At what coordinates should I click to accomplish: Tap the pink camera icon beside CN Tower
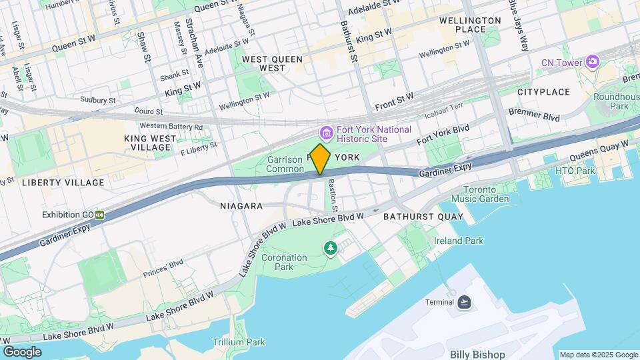point(592,62)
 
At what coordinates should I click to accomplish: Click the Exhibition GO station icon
point(99,215)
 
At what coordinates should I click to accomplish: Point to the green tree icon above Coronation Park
point(330,248)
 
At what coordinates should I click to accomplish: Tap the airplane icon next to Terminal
point(464,302)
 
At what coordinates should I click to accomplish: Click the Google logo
point(22,351)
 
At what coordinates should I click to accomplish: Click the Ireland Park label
point(459,241)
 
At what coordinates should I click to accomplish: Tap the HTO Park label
point(575,171)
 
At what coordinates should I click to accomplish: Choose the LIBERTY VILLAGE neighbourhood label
point(63,183)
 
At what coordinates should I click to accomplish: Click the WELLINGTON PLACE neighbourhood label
point(470,25)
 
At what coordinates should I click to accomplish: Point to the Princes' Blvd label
point(163,269)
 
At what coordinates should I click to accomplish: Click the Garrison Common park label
point(285,164)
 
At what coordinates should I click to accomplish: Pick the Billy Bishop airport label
point(477,354)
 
